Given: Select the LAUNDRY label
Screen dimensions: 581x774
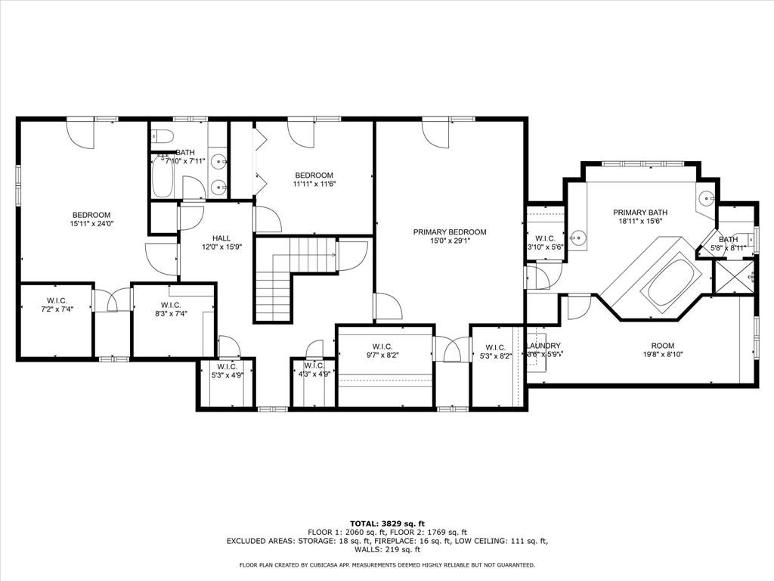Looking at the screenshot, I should [x=543, y=346].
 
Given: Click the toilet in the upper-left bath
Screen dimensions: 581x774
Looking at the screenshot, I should [x=163, y=136].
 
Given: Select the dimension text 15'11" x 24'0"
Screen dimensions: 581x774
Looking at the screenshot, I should [x=91, y=224].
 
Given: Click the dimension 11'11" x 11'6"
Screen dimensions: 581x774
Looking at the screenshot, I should [x=314, y=184].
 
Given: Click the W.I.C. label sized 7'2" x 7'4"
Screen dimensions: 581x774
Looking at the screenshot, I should [x=57, y=301].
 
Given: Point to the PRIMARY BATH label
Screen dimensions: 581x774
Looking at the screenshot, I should [x=639, y=213].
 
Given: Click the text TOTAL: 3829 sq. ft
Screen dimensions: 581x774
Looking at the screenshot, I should [x=386, y=524].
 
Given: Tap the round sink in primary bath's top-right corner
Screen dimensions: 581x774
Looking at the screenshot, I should [x=705, y=197].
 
